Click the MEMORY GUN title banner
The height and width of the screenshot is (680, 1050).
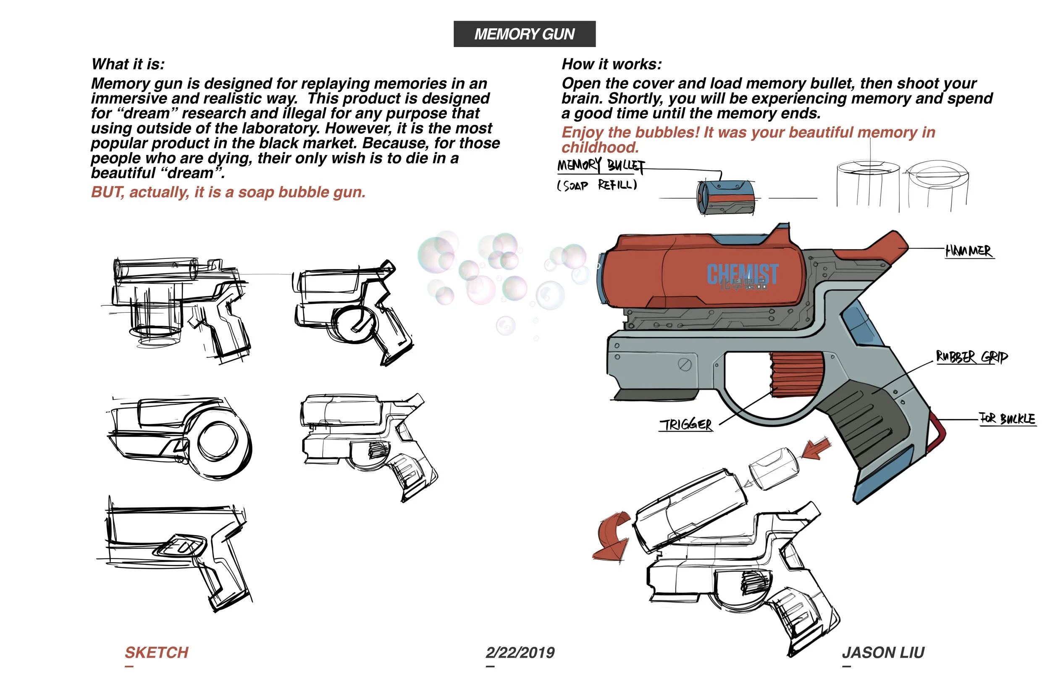(x=524, y=34)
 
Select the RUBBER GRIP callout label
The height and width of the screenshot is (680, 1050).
(x=971, y=357)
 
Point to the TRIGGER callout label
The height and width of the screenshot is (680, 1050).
(x=685, y=425)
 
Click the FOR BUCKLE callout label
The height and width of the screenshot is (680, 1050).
(x=1007, y=419)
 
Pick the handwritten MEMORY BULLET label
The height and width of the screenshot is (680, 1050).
(x=601, y=165)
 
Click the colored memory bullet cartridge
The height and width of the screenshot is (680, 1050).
(x=725, y=198)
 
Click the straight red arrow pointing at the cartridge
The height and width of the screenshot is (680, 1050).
(x=815, y=450)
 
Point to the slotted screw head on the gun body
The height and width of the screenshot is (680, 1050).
(x=684, y=365)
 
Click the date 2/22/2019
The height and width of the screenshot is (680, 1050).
(x=520, y=653)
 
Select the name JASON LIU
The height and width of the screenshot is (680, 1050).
(x=883, y=653)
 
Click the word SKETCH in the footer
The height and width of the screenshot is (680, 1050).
(x=157, y=653)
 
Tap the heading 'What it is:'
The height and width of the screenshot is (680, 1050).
(x=128, y=64)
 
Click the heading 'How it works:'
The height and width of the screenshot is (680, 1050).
(x=612, y=64)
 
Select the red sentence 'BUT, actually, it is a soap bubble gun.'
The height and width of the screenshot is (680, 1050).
(x=228, y=192)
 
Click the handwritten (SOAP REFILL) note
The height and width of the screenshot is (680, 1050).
(x=597, y=185)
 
